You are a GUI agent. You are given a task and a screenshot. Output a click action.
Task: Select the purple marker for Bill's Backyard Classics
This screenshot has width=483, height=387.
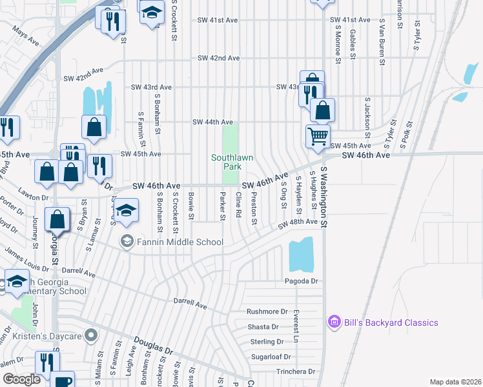click(334, 321)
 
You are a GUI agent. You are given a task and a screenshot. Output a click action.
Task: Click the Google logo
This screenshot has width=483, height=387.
click(22, 380)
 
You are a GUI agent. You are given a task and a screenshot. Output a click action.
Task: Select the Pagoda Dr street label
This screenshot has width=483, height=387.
click(302, 281)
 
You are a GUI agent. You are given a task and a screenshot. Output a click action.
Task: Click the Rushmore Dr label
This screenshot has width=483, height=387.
click(267, 312)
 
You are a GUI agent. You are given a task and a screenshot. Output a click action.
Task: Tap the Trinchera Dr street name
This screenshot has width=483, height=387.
click(294, 372)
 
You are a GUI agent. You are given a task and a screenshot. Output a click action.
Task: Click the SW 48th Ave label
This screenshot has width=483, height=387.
click(298, 223)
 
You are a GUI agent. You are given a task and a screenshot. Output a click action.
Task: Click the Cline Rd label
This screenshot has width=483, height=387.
click(238, 206)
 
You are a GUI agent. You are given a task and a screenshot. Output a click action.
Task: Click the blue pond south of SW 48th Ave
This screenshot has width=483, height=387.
click(301, 254)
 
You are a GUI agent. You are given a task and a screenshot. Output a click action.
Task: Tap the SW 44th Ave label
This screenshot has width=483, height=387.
click(212, 122)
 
